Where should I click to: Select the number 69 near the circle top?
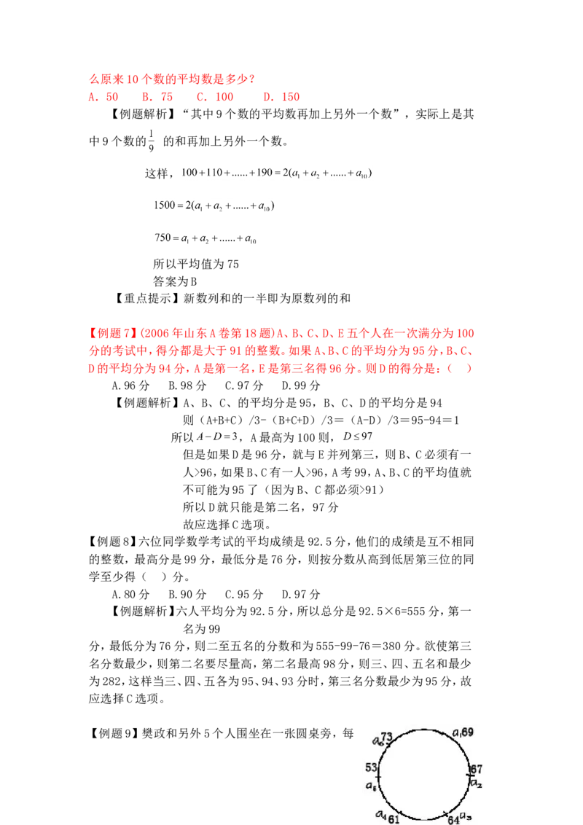click(467, 731)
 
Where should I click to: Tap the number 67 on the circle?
click(476, 769)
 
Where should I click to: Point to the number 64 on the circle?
click(453, 820)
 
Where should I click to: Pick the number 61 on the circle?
click(394, 819)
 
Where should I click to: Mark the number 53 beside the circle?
click(371, 767)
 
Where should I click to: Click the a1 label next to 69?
click(456, 732)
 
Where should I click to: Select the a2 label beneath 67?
click(475, 783)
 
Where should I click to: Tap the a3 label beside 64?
click(466, 816)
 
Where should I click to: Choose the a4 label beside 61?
click(380, 814)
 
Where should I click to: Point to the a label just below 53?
click(370, 786)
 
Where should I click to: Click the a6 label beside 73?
click(378, 741)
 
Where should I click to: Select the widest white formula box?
click(277, 174)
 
